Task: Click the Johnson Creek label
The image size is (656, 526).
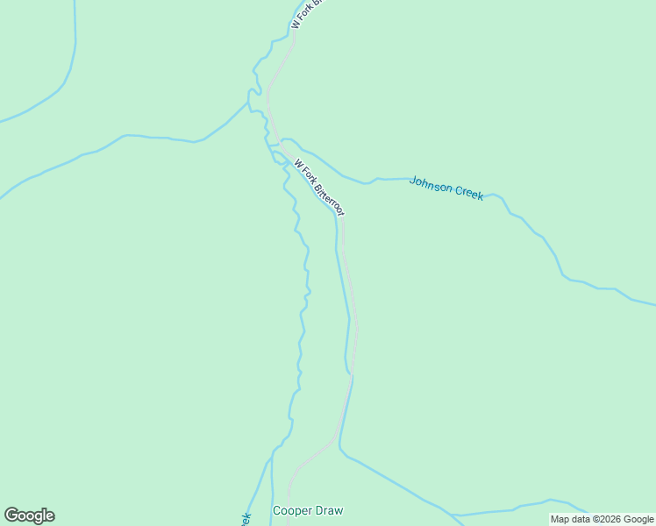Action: coord(446,188)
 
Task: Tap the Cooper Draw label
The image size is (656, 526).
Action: coord(308,510)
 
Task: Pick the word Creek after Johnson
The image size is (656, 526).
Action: coord(469,193)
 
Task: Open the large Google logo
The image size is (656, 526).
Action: coord(29,515)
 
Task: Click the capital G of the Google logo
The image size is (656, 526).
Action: coord(11,515)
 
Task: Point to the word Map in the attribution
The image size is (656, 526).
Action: coord(560,519)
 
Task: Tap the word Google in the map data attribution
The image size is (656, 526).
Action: coord(638,519)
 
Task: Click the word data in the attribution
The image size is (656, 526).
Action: coord(580,519)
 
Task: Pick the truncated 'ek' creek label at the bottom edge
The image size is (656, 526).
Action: coord(246,519)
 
